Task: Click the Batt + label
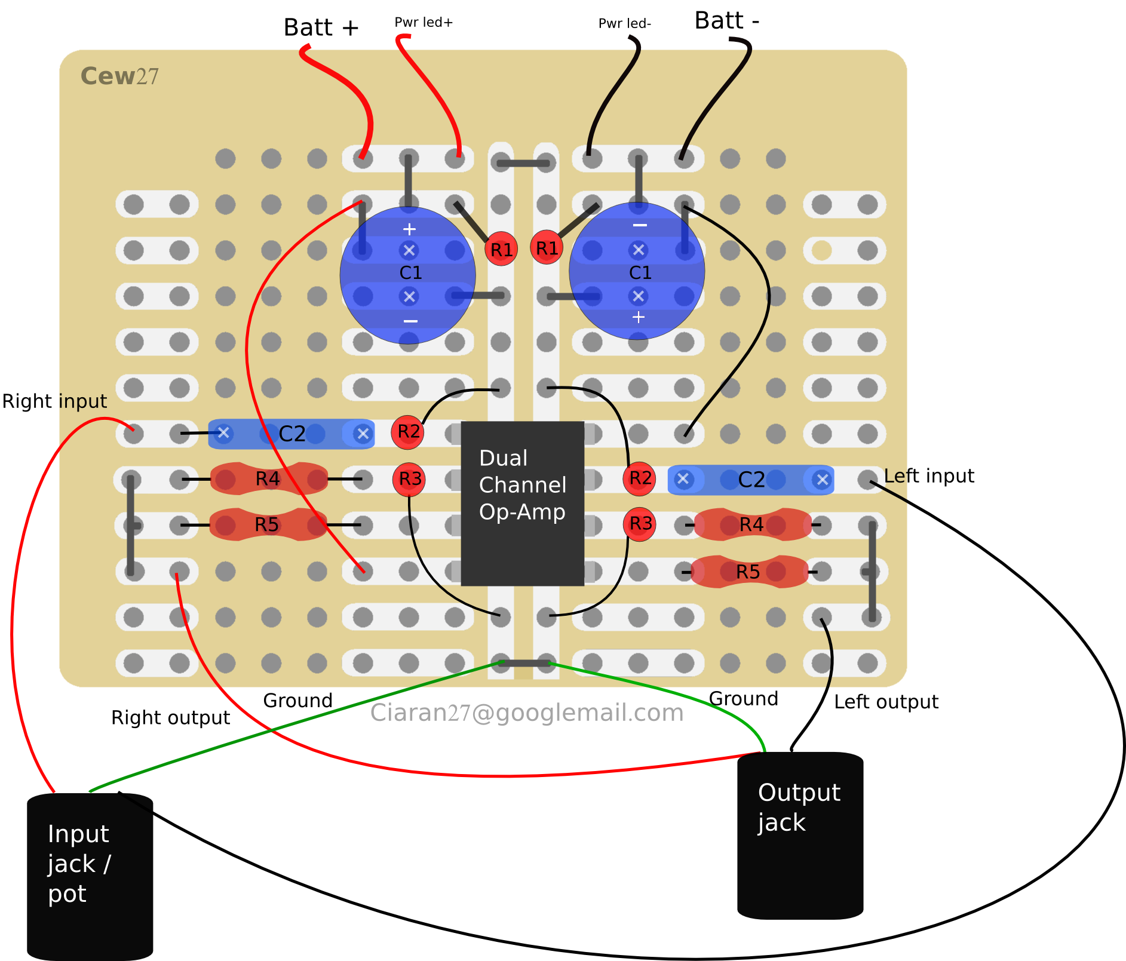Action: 321,27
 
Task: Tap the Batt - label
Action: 726,21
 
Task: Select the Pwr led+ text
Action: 424,23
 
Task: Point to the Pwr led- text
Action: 624,24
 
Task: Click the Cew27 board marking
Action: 119,76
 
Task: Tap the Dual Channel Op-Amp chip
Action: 522,503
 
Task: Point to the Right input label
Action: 54,401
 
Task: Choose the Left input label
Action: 929,476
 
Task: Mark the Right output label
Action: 170,718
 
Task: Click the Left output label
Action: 886,702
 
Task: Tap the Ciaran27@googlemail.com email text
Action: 526,713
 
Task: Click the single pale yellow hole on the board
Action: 821,250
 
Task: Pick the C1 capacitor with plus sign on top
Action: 408,275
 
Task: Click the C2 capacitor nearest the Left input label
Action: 750,480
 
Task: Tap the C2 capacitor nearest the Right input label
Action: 291,434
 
